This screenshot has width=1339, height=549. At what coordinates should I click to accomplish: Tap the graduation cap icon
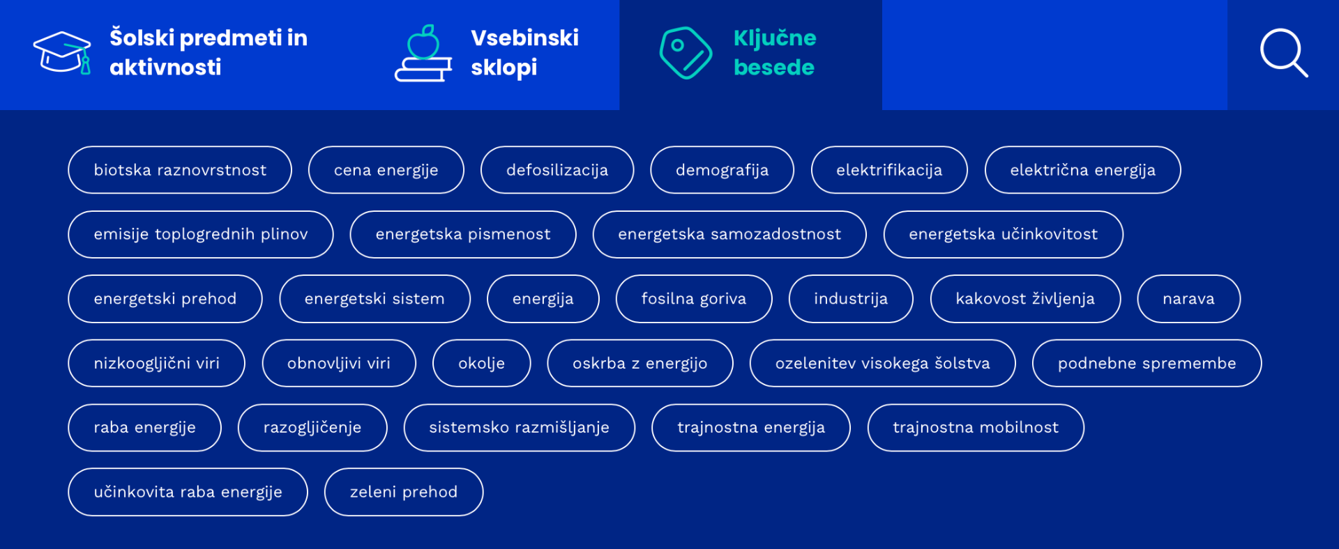coord(62,52)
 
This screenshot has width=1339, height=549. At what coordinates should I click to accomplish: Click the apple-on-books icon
coord(423,54)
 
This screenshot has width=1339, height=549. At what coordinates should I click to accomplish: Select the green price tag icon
coord(686,53)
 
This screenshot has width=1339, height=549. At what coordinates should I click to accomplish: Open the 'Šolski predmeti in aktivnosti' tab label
coord(209,52)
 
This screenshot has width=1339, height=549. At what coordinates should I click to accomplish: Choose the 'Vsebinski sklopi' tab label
coord(524,52)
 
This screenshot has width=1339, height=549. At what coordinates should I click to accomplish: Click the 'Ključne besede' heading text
coord(775,52)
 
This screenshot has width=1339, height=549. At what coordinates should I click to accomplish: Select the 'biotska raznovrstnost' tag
coord(180,170)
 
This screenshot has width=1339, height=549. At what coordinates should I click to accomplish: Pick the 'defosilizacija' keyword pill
coord(557,170)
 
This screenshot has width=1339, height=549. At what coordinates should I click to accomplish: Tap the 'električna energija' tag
coord(1082,170)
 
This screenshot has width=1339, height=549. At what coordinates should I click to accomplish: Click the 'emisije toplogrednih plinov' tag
coord(201,234)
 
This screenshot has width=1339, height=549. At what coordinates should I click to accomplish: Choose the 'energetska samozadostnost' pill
coord(729,234)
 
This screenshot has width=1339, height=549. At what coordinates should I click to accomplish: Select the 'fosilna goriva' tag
coord(694,299)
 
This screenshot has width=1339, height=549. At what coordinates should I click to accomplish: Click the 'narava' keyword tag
coord(1188,299)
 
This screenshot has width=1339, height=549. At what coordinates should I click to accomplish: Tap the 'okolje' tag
coord(481,363)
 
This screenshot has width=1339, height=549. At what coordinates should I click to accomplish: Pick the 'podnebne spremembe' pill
coord(1147,363)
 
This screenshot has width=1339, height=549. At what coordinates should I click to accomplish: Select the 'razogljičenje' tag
coord(312,428)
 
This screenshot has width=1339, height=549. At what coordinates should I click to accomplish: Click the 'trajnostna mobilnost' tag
coord(976,428)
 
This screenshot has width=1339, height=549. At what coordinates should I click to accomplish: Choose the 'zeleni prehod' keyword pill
coord(404,492)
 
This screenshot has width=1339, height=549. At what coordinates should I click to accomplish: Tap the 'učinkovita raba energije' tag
coord(188,492)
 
